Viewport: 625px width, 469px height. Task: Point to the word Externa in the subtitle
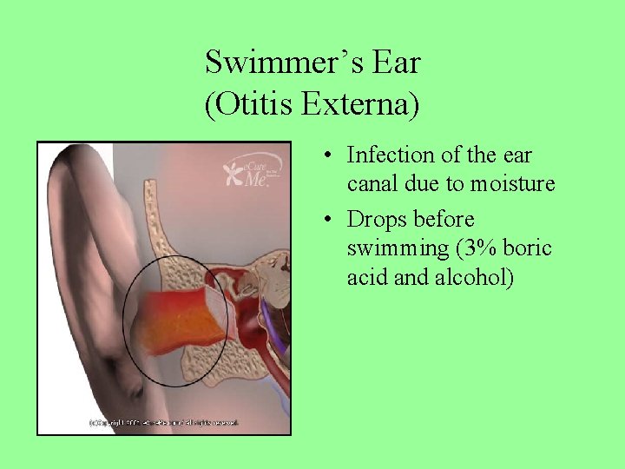tap(359, 105)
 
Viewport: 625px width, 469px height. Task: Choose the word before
tap(444, 219)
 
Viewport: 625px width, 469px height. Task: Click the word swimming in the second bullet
tap(396, 249)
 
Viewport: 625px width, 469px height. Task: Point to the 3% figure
tap(476, 249)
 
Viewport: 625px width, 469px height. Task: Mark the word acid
tap(365, 279)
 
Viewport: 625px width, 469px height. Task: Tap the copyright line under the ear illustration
tap(163, 423)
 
